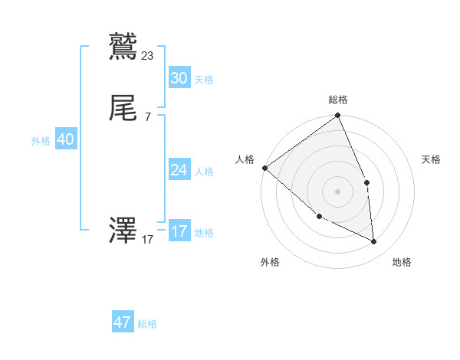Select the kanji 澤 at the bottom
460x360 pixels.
coord(123,231)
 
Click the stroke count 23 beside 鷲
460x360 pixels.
coord(148,55)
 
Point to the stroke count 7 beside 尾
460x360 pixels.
coord(147,116)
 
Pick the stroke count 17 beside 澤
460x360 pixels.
coord(148,240)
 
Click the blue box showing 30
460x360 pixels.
coord(179,78)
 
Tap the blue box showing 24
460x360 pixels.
coord(179,170)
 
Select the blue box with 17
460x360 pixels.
coord(179,231)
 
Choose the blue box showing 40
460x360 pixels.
coord(65,139)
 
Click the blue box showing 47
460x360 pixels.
coord(123,322)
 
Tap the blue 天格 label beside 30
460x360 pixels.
coord(204,80)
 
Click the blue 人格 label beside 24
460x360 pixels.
coord(204,172)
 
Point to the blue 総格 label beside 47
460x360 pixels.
coord(147,324)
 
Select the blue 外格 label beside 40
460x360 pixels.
coord(41,141)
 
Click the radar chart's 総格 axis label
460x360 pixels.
coord(338,100)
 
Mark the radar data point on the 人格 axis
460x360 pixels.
coord(264,168)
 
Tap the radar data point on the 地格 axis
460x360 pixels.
coord(374,241)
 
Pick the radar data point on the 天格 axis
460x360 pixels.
coord(366,182)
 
